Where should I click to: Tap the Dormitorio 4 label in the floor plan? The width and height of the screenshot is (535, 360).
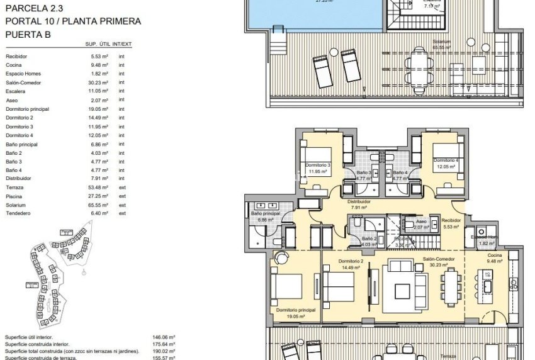pyautogui.click(x=446, y=160)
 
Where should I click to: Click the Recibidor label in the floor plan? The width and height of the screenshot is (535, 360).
pyautogui.click(x=451, y=221)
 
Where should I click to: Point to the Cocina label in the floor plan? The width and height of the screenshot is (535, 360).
pyautogui.click(x=495, y=255)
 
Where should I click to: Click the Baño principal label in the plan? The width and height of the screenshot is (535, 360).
pyautogui.click(x=265, y=214)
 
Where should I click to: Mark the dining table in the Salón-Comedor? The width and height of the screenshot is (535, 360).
pyautogui.click(x=450, y=284)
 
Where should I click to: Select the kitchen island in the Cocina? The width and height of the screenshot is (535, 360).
pyautogui.click(x=487, y=282)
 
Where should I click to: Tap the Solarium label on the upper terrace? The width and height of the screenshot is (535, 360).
pyautogui.click(x=441, y=42)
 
